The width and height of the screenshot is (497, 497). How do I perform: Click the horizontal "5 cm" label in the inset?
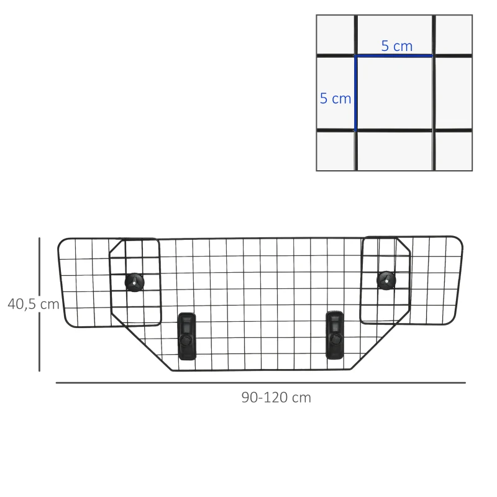pyautogui.click(x=396, y=46)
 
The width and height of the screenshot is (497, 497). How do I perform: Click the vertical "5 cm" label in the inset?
pyautogui.click(x=335, y=98)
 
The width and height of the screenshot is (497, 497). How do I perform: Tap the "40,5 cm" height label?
pyautogui.click(x=33, y=304)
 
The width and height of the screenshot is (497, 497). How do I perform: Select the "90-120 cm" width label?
pyautogui.click(x=276, y=398)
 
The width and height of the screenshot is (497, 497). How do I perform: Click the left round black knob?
pyautogui.click(x=134, y=281)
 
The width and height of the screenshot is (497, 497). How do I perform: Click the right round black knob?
pyautogui.click(x=386, y=280)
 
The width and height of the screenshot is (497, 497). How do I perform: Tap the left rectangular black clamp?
pyautogui.click(x=186, y=336)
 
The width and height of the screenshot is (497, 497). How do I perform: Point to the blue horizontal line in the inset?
pyautogui.click(x=394, y=56)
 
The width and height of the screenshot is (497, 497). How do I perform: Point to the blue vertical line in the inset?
pyautogui.click(x=355, y=93)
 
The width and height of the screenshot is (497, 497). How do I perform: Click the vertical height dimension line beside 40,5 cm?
pyautogui.click(x=39, y=304)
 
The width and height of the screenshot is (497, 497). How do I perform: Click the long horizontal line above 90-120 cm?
pyautogui.click(x=260, y=383)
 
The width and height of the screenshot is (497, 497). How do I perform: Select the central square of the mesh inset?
pyautogui.click(x=394, y=93)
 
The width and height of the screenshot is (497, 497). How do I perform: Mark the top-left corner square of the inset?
pyautogui.click(x=335, y=35)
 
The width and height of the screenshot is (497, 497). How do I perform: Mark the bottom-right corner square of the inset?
pyautogui.click(x=453, y=150)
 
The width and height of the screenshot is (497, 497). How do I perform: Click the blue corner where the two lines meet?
pyautogui.click(x=355, y=56)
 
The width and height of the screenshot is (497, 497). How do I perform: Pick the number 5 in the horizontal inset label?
pyautogui.click(x=385, y=46)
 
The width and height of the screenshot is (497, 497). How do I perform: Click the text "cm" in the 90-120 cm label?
pyautogui.click(x=301, y=398)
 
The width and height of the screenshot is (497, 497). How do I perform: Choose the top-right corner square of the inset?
pyautogui.click(x=453, y=35)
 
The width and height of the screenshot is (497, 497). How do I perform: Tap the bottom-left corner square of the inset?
pyautogui.click(x=335, y=150)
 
